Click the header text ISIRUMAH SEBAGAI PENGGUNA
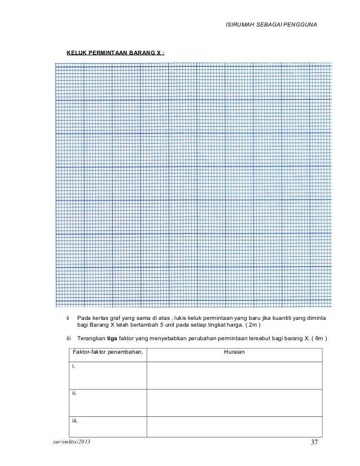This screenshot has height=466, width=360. (271, 25)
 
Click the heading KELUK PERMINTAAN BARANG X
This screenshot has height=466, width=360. (116, 54)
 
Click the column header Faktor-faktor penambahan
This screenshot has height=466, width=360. (107, 353)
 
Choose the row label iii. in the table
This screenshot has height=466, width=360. (75, 420)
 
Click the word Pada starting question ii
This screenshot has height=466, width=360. (84, 318)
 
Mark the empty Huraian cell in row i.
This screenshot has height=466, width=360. (234, 375)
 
